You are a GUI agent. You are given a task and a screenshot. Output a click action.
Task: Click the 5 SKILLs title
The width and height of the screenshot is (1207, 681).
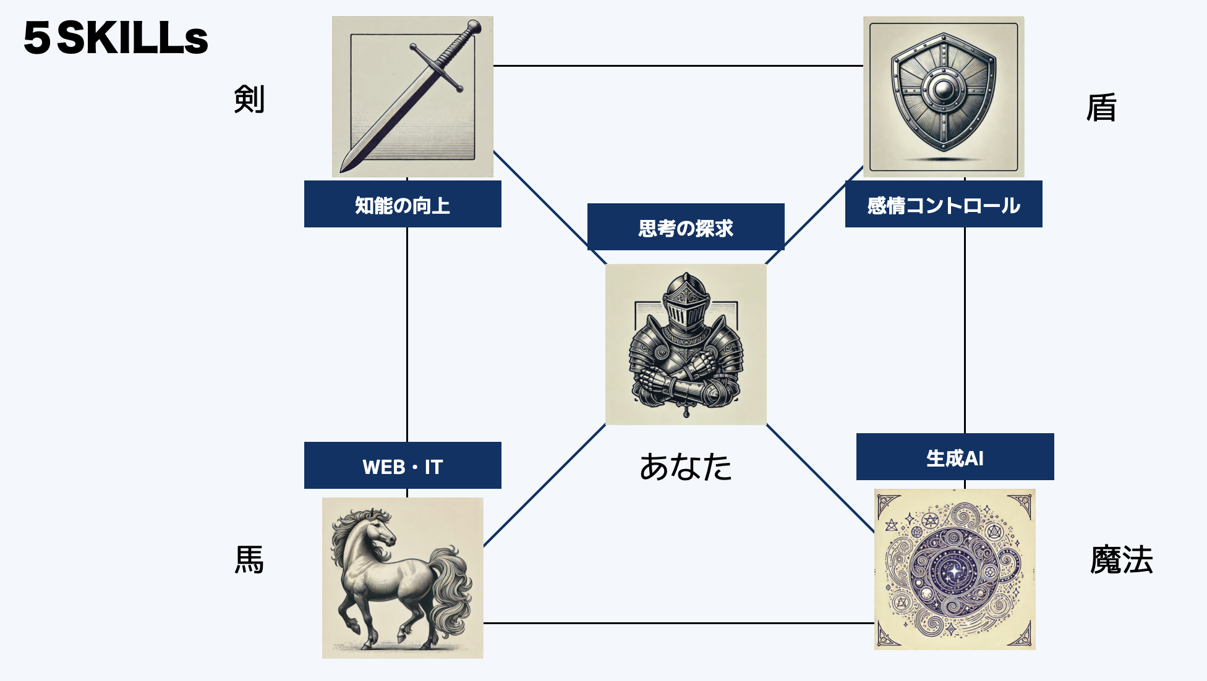tap(116, 38)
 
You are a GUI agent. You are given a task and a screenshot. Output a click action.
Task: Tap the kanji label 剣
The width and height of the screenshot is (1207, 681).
tap(249, 99)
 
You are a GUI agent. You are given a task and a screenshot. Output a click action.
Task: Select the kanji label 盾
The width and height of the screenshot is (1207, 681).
tap(1101, 108)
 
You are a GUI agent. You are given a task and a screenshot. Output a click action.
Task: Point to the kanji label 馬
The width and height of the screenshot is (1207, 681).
tap(249, 560)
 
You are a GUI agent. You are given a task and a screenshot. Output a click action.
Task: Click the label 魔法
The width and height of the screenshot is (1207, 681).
tap(1121, 560)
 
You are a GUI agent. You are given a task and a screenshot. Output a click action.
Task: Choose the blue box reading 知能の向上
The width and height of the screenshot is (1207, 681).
tap(403, 204)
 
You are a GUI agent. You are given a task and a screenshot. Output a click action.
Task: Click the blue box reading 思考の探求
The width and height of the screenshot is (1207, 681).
tap(686, 227)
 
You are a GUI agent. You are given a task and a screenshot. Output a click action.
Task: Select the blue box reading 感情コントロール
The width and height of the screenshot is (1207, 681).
tap(944, 204)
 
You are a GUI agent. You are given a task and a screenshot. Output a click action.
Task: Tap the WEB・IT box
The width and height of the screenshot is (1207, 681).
tap(403, 465)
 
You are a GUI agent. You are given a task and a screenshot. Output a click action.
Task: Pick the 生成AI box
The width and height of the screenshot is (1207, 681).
tap(955, 457)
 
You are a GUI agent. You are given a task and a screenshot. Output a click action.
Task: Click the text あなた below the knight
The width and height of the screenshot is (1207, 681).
tap(686, 467)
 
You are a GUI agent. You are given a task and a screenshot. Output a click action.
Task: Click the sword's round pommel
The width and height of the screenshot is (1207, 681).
tap(474, 27)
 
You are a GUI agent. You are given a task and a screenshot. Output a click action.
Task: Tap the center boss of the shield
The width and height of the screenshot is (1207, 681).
tap(944, 91)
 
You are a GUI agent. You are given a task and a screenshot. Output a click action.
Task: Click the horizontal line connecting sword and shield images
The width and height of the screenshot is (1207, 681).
tap(678, 66)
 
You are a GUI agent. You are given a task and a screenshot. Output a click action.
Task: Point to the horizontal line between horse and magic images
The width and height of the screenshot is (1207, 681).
tap(679, 623)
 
